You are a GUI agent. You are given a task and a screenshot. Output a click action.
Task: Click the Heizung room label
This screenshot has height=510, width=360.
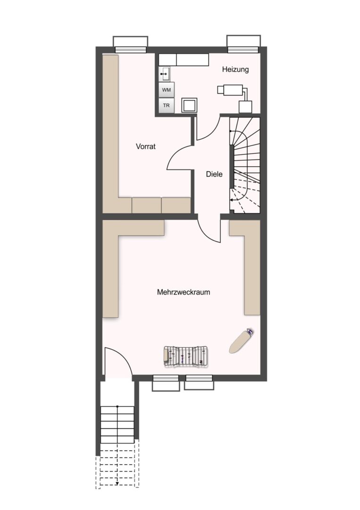pyautogui.click(x=235, y=69)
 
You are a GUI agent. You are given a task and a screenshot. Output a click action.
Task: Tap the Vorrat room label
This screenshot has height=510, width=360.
pyautogui.click(x=146, y=146)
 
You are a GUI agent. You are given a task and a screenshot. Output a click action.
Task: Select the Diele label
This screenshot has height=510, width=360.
pyautogui.click(x=214, y=174)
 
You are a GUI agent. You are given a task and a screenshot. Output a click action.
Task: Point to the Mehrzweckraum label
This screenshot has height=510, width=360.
pyautogui.click(x=183, y=292)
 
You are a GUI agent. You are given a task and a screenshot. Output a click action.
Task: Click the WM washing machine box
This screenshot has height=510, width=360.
pyautogui.click(x=167, y=89)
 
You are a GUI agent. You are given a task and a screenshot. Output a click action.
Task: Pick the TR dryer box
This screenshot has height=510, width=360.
pyautogui.click(x=167, y=105)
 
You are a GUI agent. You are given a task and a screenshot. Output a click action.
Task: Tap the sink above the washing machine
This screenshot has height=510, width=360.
pyautogui.click(x=165, y=74)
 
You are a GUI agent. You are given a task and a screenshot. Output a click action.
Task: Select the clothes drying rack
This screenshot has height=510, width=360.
pyautogui.click(x=186, y=357)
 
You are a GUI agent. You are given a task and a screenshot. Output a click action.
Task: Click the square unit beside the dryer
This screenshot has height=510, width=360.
pyautogui.click(x=189, y=105)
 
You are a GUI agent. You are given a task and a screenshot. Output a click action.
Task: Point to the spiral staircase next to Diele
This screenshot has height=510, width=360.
pyautogui.click(x=245, y=165)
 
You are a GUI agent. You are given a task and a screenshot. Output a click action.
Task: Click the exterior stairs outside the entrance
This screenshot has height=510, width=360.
pyautogui.click(x=117, y=446)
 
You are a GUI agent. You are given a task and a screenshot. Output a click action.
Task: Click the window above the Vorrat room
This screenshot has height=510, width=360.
pyautogui.click(x=131, y=44)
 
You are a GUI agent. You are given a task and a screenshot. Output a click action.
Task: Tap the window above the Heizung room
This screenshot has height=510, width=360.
pyautogui.click(x=243, y=43)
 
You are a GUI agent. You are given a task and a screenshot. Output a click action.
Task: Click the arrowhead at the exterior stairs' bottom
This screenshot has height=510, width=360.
pyautogui.click(x=117, y=484)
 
